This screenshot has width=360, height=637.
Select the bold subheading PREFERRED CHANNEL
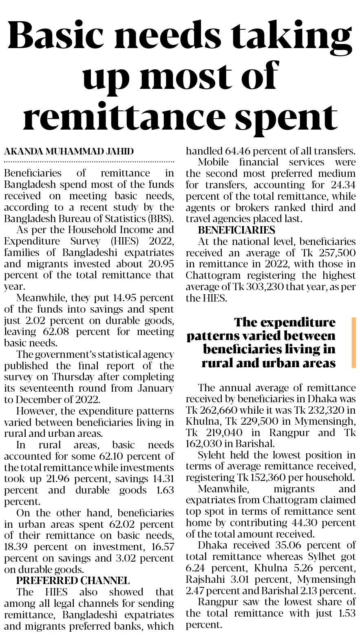pos(73,580)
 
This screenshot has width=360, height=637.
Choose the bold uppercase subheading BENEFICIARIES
pos(236,230)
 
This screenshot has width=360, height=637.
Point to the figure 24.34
pos(343,185)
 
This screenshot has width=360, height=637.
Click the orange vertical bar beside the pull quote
pos(353,343)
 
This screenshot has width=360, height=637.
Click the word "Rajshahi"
pos(204,579)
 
